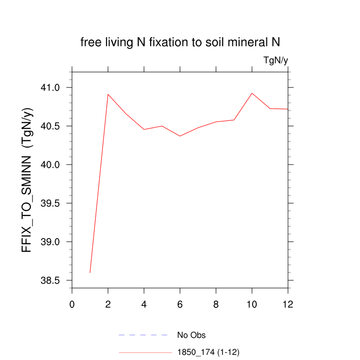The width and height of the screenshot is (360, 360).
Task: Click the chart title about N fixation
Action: (180, 42)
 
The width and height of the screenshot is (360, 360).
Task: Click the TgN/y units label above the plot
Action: (276, 61)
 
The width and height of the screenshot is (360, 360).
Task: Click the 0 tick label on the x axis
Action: (72, 304)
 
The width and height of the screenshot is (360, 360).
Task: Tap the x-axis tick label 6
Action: (180, 304)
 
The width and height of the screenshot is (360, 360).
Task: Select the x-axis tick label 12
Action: (288, 304)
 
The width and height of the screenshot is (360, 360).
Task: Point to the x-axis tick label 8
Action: (216, 304)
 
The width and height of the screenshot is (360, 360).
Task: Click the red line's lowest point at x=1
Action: (90, 273)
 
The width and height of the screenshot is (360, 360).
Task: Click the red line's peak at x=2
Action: (108, 94)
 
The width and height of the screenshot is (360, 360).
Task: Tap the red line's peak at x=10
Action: (252, 93)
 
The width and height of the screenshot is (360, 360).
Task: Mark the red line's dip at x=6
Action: (180, 136)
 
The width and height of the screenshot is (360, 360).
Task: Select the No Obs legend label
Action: (191, 335)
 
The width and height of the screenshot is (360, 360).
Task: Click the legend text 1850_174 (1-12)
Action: (208, 352)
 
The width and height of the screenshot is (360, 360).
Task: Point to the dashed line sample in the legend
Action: (144, 335)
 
